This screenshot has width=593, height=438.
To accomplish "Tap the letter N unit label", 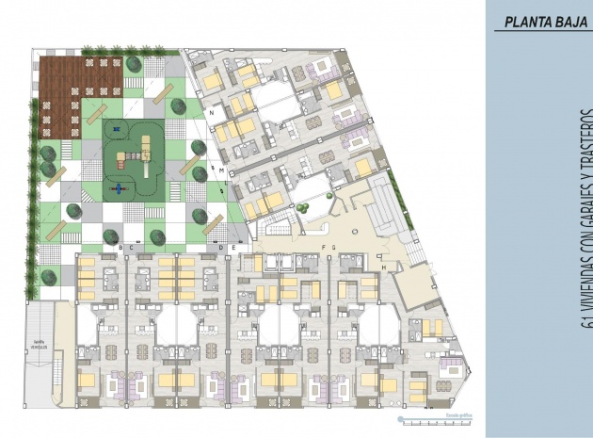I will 214,112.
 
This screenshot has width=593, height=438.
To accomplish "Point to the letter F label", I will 323,247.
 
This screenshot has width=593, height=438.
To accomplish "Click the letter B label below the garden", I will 120,247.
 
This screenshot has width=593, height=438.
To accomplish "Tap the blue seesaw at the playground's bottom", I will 119,188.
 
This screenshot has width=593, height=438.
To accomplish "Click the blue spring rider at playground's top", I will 117,128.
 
